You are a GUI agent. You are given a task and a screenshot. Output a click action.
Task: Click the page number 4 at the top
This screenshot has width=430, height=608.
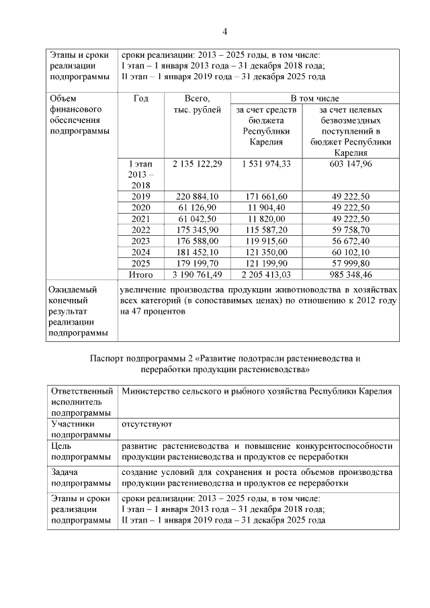point(225,31)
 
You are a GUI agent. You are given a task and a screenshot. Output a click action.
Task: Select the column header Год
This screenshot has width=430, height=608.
point(141,99)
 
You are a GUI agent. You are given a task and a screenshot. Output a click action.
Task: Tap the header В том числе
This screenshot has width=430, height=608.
point(314,98)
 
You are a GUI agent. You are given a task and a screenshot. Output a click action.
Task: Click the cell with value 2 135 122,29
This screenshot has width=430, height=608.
point(197,163)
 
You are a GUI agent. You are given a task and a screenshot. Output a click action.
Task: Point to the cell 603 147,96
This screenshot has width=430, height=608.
point(351,163)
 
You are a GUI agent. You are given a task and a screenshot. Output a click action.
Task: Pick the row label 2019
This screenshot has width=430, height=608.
point(141,196)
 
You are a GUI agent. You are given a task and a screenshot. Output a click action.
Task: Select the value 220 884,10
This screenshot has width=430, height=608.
point(197,196)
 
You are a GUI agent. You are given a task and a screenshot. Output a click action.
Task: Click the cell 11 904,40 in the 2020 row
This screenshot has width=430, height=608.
point(267,208)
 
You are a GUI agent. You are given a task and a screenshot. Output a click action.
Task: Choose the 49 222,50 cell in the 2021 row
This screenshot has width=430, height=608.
point(351,219)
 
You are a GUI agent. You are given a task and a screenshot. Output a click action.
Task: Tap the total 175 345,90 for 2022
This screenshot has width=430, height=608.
point(197,230)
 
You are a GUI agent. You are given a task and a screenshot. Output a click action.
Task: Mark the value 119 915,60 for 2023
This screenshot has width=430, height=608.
point(267,241)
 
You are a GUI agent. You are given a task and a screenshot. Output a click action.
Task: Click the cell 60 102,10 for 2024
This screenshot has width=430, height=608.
point(351,252)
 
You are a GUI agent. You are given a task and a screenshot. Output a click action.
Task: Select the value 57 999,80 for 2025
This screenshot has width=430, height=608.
point(351,263)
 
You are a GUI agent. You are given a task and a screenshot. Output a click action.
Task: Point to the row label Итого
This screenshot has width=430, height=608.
point(141,275)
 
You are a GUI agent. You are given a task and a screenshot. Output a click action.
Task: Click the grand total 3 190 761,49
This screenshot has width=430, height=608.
point(197,275)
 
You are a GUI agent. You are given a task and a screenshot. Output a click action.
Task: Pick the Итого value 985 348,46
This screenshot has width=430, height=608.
point(351,275)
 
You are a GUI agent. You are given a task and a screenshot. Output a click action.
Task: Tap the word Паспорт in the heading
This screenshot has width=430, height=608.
point(108,358)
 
